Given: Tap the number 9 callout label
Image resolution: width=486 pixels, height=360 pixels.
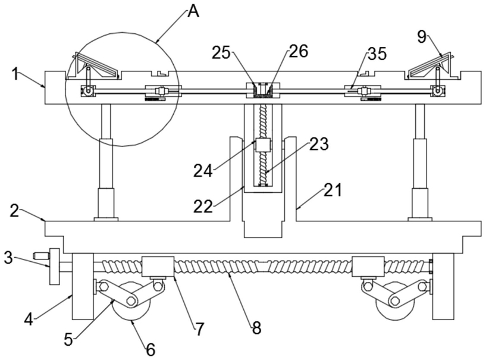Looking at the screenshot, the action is click(422, 37).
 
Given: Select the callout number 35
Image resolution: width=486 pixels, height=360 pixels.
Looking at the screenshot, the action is click(377, 54).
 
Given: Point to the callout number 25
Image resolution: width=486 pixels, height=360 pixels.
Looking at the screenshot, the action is click(221, 53).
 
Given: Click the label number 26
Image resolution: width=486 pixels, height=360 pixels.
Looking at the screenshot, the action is click(299, 51).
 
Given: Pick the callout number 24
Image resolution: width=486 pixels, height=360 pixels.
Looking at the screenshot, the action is click(203, 170).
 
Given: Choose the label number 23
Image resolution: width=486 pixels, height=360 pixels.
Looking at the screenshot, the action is click(318, 144).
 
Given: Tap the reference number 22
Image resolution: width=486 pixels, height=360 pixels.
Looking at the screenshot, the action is click(203, 206).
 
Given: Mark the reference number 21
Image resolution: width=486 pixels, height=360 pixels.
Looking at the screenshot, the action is click(333, 190).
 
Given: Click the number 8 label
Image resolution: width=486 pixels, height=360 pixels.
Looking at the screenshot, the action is click(256, 328).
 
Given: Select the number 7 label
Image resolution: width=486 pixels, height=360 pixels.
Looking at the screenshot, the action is click(199, 329).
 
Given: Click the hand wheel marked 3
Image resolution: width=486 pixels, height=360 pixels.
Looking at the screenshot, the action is click(55, 267).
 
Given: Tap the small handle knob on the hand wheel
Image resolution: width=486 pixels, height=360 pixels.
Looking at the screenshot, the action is click(41, 256).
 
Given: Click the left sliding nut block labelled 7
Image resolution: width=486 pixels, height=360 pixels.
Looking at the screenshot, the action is click(158, 267).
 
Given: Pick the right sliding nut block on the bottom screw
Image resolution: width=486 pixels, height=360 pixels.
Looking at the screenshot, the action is click(368, 267).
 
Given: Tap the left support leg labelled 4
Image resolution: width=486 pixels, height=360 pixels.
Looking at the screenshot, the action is click(83, 286).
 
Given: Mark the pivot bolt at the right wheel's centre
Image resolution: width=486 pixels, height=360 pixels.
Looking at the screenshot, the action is click(394, 300).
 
